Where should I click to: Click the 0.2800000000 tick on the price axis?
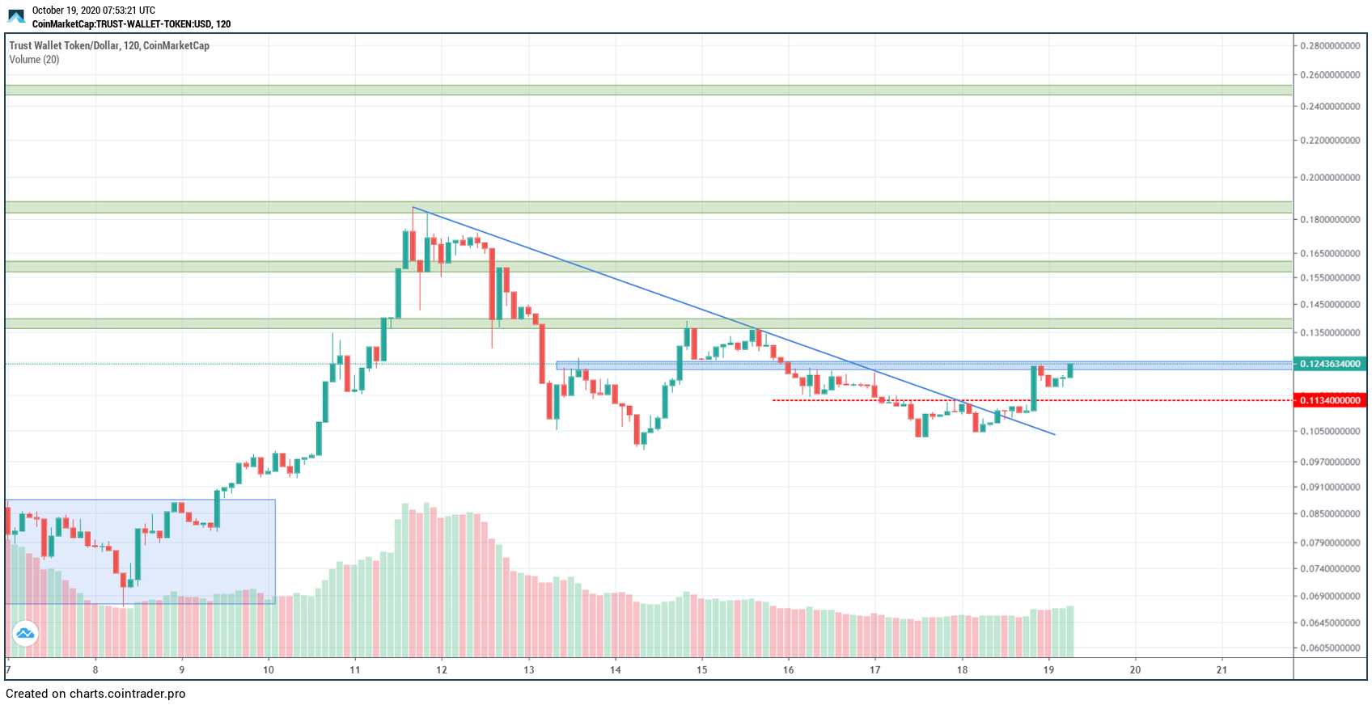click(1329, 46)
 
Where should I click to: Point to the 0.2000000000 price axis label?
click(1329, 178)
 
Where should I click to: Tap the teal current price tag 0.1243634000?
click(1329, 364)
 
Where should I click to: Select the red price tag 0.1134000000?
click(1329, 400)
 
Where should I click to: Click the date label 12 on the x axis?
click(442, 669)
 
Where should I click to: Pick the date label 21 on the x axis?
click(1222, 669)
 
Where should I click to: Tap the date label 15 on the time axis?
click(701, 669)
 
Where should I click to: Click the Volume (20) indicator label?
click(34, 60)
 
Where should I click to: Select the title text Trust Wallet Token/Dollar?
click(64, 46)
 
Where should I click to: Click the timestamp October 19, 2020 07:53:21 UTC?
click(93, 11)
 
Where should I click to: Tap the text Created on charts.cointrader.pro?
click(95, 694)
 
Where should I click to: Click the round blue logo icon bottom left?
click(25, 634)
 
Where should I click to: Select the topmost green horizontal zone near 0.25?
click(647, 90)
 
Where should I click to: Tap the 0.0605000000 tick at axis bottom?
click(1329, 648)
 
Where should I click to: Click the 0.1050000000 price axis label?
click(1329, 432)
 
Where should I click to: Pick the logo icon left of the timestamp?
click(16, 16)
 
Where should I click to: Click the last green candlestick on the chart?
click(1070, 370)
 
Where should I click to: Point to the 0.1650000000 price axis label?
click(1329, 254)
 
